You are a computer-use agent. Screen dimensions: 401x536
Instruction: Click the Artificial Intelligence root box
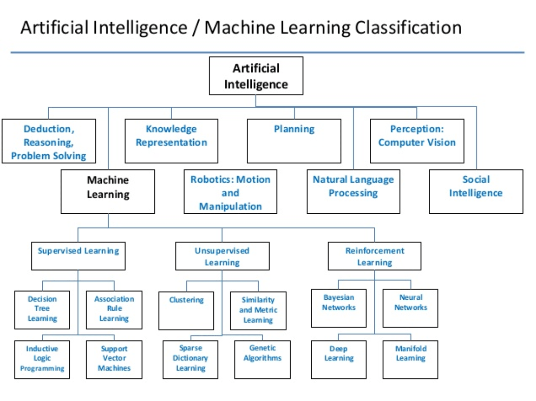[x=256, y=76]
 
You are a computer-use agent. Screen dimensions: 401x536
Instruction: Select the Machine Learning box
[x=108, y=192]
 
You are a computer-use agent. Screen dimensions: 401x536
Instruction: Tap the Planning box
[x=294, y=141]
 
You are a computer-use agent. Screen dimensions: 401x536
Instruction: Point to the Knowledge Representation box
[x=171, y=141]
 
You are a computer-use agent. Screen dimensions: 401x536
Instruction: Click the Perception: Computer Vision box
[x=417, y=141]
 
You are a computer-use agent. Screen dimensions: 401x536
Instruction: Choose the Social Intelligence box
[x=476, y=192]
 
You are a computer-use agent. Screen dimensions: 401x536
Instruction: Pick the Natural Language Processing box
[x=353, y=192]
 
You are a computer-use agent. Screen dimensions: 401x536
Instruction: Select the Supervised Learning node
[x=78, y=256]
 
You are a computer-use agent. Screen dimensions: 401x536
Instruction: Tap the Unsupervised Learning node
[x=222, y=256]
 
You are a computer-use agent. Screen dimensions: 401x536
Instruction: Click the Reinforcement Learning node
[x=374, y=256]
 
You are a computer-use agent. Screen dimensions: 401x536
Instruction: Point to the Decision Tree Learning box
[x=42, y=310]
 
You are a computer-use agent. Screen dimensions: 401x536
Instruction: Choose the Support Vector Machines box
[x=114, y=359]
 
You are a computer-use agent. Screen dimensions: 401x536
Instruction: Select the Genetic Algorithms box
[x=262, y=359]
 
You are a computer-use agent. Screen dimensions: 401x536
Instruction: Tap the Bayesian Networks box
[x=339, y=308]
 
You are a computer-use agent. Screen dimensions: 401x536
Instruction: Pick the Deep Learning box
[x=339, y=359]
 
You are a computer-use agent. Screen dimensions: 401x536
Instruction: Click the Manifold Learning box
[x=410, y=359]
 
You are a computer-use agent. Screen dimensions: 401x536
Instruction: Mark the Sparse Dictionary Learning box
[x=190, y=359]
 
